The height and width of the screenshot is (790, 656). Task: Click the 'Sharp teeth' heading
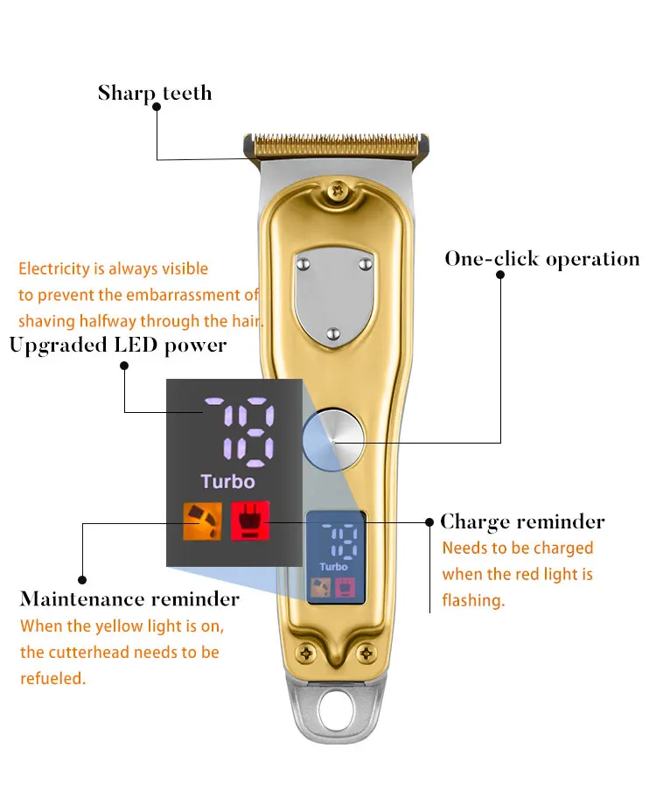(x=154, y=92)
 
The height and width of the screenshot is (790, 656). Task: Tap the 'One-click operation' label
(x=541, y=259)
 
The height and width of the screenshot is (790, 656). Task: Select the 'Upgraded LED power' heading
(x=117, y=345)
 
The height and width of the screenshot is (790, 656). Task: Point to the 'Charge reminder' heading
(x=522, y=521)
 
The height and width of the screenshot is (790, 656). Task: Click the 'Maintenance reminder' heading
(x=129, y=599)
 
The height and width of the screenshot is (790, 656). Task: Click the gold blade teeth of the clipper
(x=336, y=141)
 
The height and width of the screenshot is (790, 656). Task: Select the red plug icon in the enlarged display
(x=249, y=521)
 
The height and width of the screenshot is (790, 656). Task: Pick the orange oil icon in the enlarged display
(x=199, y=521)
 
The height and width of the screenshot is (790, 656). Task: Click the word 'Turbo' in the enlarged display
(x=227, y=481)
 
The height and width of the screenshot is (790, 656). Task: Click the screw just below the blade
(x=336, y=189)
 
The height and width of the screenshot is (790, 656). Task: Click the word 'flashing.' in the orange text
(x=473, y=601)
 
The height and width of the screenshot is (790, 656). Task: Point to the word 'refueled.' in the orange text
(x=52, y=678)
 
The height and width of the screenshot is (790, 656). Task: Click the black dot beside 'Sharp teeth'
(x=157, y=107)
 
